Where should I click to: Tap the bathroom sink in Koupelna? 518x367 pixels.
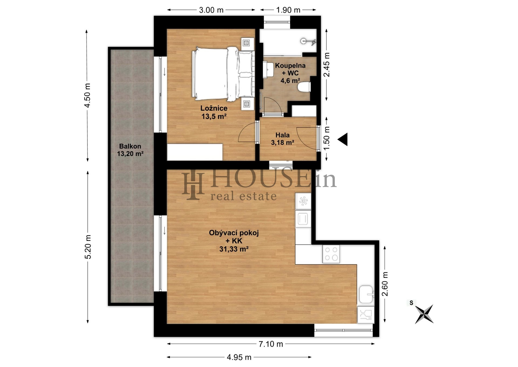(268, 69)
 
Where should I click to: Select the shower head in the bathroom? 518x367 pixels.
(308, 41)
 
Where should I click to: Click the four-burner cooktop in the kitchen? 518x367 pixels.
(331, 254)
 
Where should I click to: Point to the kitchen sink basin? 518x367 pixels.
(366, 295)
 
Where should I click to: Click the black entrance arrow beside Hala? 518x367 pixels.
(343, 139)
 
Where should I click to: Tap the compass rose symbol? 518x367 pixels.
(424, 314)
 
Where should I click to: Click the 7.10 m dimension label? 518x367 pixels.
(271, 344)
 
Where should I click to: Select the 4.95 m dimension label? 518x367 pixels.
(239, 357)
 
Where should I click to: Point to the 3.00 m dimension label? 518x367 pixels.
(211, 10)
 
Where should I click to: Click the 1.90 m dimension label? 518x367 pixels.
(288, 10)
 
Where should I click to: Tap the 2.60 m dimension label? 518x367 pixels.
(385, 284)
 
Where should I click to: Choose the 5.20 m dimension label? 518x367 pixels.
(88, 247)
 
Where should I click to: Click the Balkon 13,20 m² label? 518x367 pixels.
(130, 150)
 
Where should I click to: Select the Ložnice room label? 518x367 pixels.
(214, 108)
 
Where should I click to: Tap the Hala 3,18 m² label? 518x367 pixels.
(282, 139)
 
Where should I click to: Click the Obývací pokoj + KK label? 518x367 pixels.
(234, 237)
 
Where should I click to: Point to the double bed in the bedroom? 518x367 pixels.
(223, 74)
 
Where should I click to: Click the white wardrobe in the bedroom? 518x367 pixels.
(195, 152)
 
